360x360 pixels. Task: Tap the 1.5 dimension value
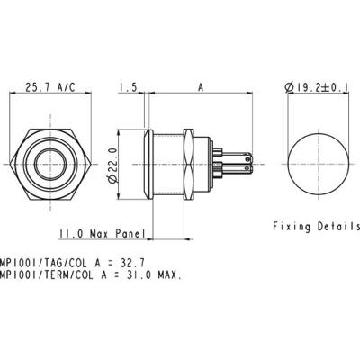pyautogui.click(x=127, y=88)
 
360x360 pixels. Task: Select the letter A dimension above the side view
pyautogui.click(x=200, y=88)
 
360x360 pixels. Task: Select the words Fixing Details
pyautogui.click(x=316, y=227)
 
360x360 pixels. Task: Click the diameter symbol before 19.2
pyautogui.click(x=288, y=88)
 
